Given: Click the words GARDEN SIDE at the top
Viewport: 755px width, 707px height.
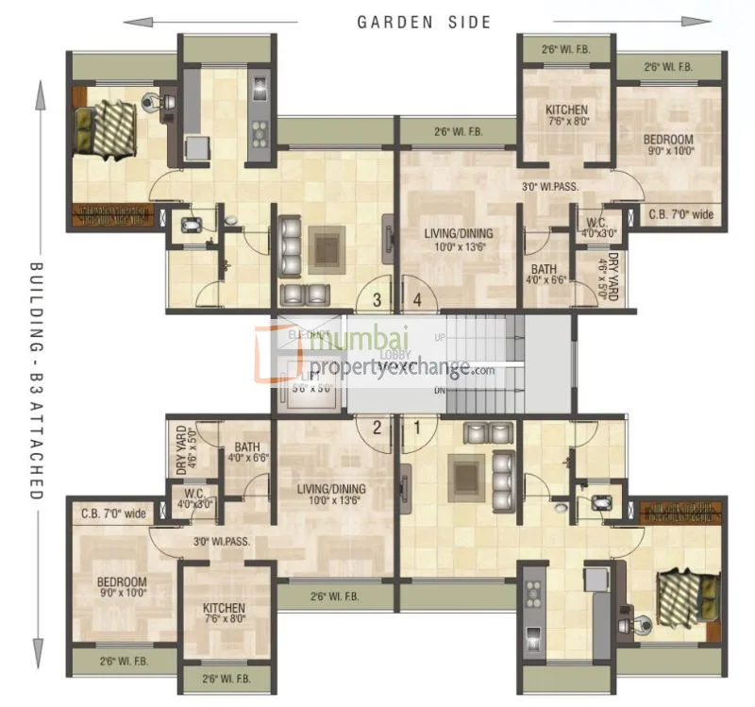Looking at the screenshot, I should coord(424,22).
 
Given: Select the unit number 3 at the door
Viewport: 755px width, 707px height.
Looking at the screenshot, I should coord(377,301).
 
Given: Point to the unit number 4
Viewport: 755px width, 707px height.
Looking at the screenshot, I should coord(416,301).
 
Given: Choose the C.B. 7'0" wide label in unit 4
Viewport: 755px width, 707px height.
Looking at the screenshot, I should coord(679,213).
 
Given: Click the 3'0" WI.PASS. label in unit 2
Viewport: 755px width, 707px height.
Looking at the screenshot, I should coord(213,542).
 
